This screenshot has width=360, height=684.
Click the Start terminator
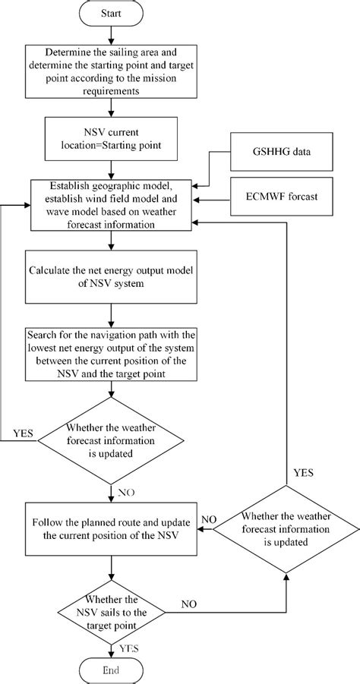112,14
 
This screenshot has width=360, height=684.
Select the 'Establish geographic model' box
112,203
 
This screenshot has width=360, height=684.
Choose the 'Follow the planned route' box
112,529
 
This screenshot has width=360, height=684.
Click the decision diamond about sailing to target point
112,604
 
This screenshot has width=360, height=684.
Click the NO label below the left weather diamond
126,491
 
